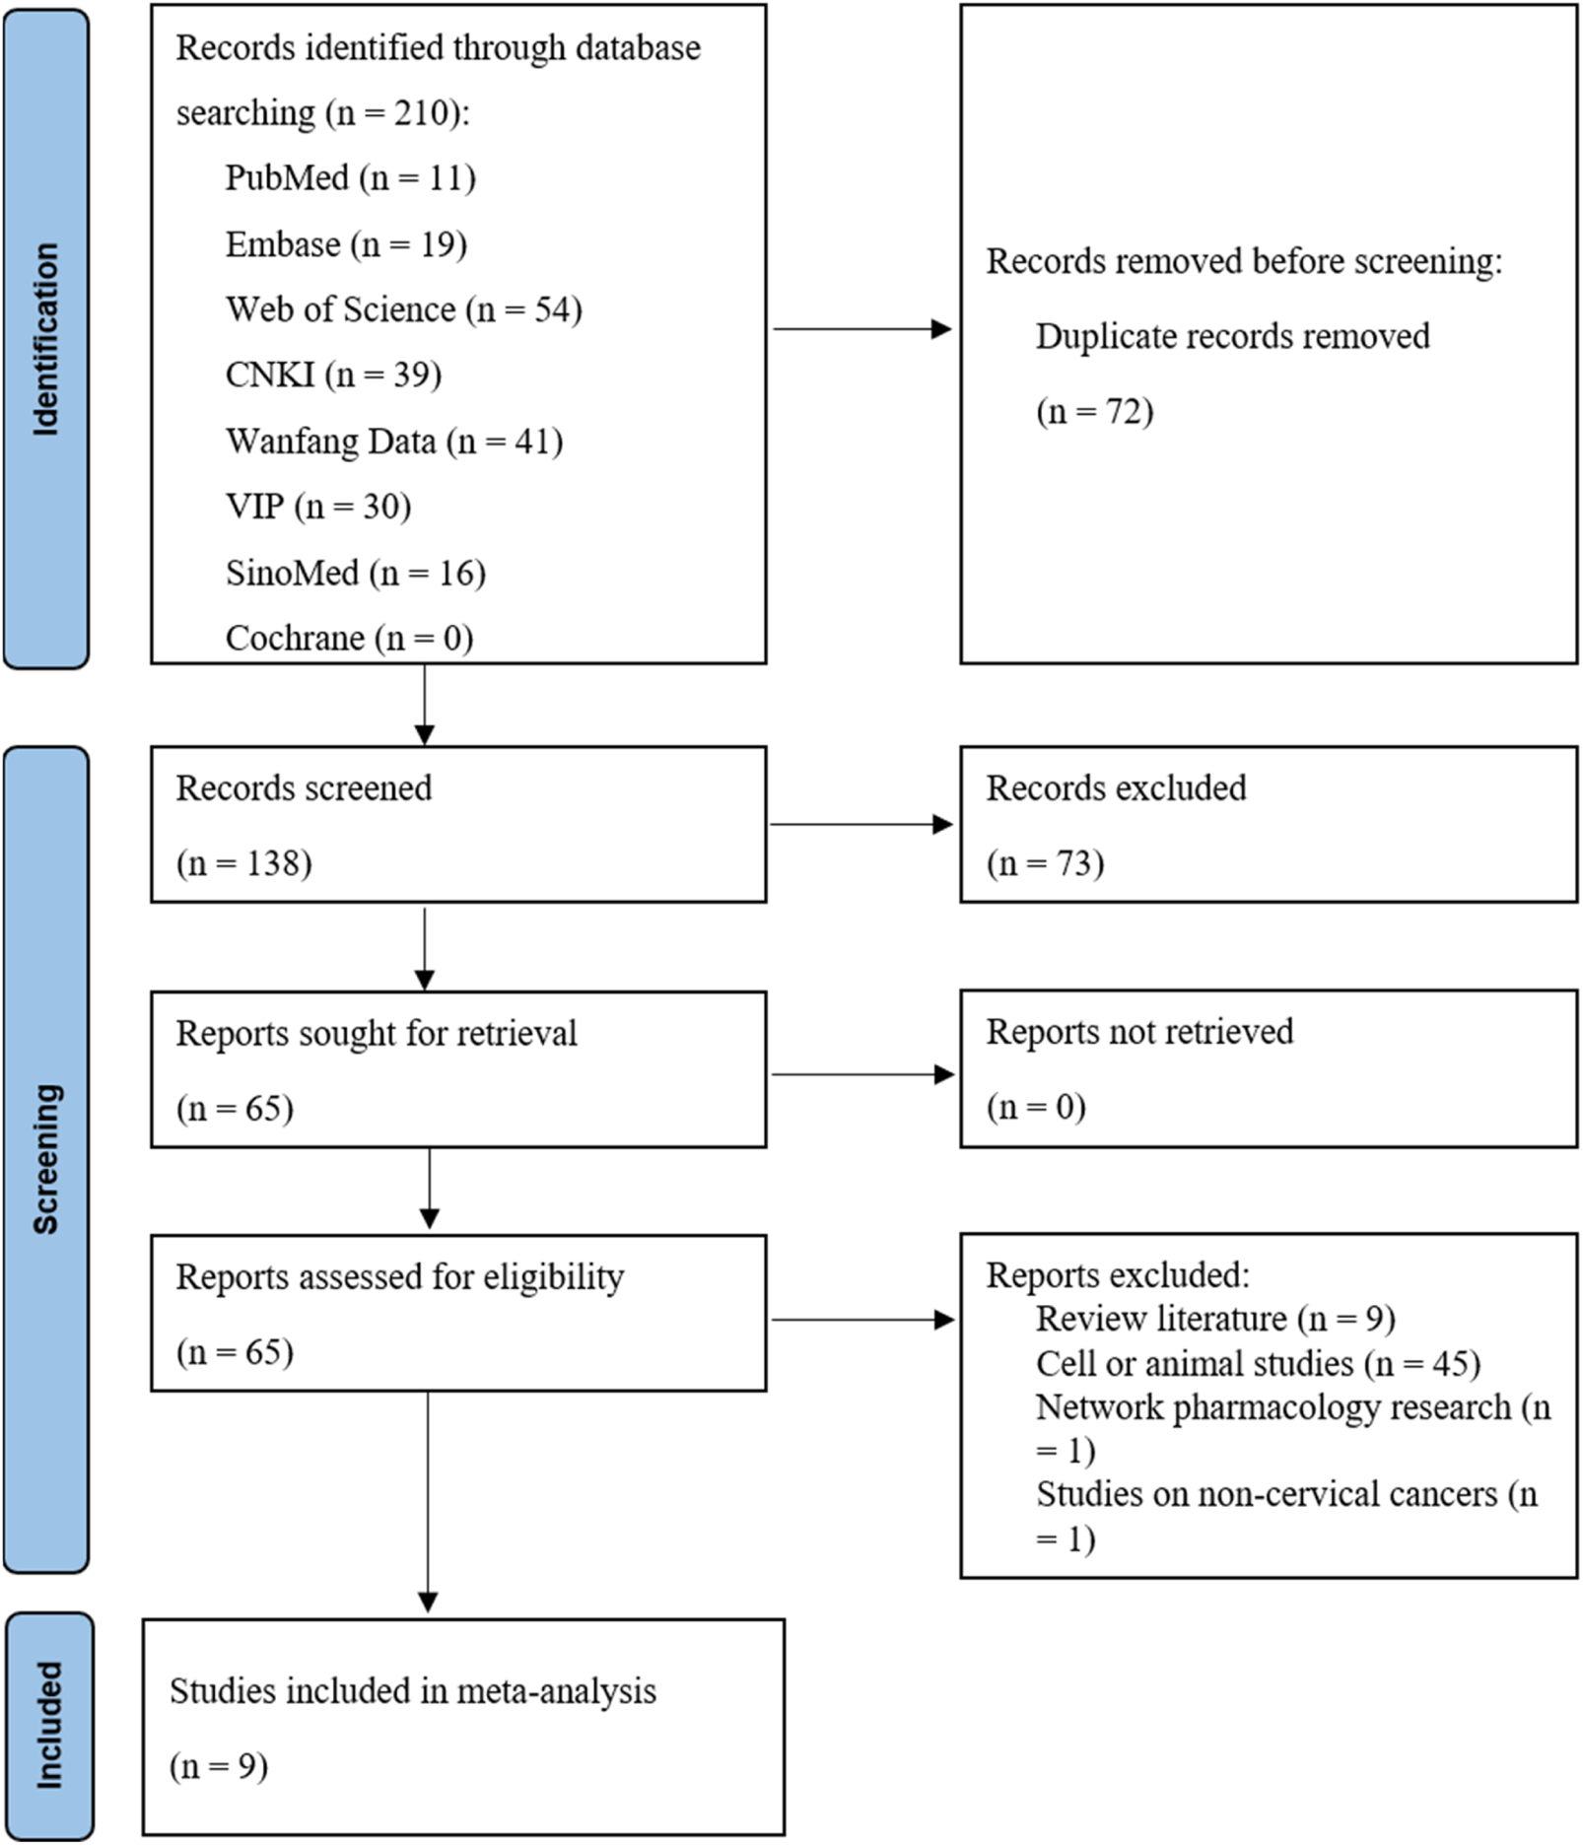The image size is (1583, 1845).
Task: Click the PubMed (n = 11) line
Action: pos(350,178)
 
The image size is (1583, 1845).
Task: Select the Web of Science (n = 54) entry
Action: pos(403,309)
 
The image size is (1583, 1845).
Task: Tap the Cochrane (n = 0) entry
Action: pos(349,639)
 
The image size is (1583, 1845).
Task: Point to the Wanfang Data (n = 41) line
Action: pos(394,441)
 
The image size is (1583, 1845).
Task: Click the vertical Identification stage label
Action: pos(46,338)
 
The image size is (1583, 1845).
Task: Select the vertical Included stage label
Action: pos(48,1725)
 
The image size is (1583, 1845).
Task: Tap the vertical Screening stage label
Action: pos(46,1158)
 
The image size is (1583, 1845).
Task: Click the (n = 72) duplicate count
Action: pos(1094,410)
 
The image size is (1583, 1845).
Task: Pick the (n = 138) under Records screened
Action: pos(243,863)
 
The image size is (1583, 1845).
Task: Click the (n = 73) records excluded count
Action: pos(1045,863)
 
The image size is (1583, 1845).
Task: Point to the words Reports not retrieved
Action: pos(1139,1032)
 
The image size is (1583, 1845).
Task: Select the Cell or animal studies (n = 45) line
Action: pos(1258,1363)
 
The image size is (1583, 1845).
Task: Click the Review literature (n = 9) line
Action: pos(1215,1319)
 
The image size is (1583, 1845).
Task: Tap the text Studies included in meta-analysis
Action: pos(412,1691)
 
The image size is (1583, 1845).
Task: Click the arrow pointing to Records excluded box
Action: pos(861,824)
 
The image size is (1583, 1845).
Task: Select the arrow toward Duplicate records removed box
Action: pos(861,329)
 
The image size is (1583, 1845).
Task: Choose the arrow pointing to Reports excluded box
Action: pos(861,1320)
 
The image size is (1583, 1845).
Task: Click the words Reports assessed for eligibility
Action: pos(399,1277)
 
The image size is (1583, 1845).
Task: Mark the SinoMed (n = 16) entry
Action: pos(355,573)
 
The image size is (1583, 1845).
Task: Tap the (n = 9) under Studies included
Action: pos(219,1766)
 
